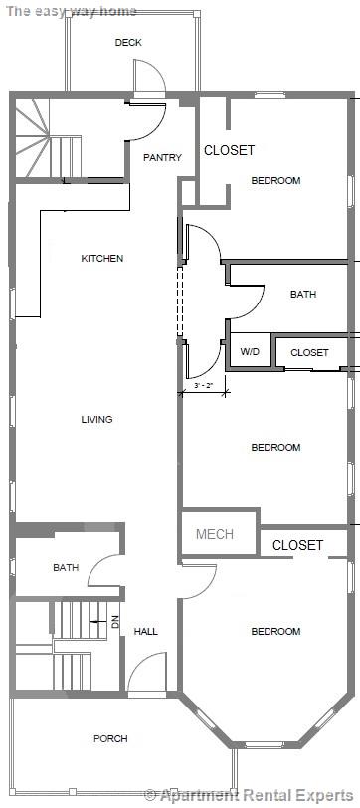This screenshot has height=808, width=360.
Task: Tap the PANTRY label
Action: pyautogui.click(x=161, y=157)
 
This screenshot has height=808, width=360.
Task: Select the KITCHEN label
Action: pyautogui.click(x=102, y=259)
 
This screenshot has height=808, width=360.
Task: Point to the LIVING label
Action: pyautogui.click(x=96, y=419)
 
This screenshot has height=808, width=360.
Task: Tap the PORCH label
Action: pyautogui.click(x=110, y=738)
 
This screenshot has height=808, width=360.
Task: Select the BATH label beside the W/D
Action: pyautogui.click(x=303, y=295)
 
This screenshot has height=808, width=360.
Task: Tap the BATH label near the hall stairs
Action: pyautogui.click(x=66, y=568)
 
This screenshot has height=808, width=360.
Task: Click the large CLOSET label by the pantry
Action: pyautogui.click(x=229, y=150)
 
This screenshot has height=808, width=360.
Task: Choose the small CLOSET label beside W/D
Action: pyautogui.click(x=309, y=352)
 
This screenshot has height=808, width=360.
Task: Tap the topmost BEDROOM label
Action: pyautogui.click(x=275, y=180)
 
